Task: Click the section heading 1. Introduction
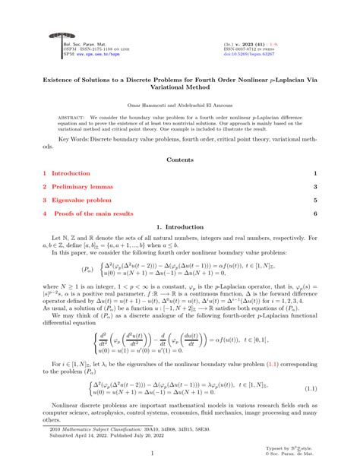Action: tap(179, 227)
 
